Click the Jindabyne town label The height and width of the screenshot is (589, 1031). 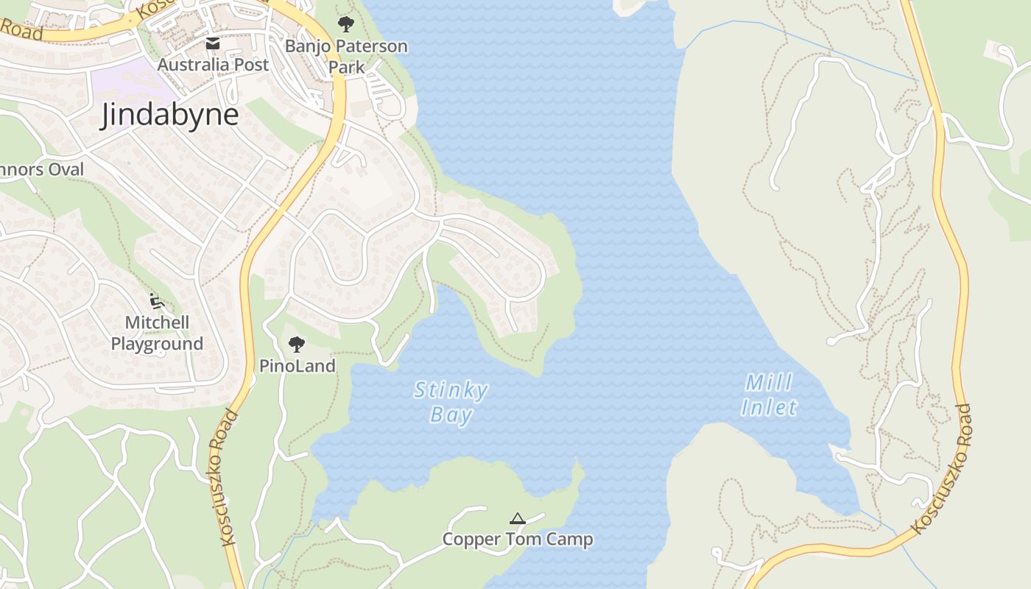point(169,115)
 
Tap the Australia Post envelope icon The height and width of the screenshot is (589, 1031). point(213,43)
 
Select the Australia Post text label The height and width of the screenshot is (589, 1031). point(213,65)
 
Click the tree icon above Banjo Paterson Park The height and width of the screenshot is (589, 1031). point(345,24)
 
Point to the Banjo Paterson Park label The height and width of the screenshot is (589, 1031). point(346,56)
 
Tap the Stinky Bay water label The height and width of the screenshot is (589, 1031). point(451,402)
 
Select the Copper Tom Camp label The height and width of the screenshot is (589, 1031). point(517,539)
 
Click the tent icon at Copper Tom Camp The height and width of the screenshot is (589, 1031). point(518,518)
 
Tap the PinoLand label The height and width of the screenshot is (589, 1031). point(297,366)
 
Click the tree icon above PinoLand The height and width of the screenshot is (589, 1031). point(297,344)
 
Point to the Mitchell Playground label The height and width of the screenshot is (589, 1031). point(157,333)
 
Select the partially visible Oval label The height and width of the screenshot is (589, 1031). point(42,169)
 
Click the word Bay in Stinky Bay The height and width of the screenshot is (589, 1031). point(451,415)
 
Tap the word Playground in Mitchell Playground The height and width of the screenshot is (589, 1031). point(157,344)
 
